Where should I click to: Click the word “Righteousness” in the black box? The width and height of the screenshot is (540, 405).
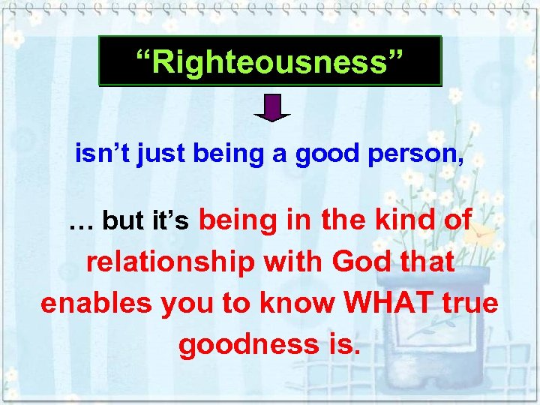click(x=270, y=61)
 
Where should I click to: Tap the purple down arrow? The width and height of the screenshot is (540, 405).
click(x=271, y=107)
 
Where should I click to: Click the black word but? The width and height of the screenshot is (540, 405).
click(x=122, y=221)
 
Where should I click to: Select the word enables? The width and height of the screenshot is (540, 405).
click(x=85, y=304)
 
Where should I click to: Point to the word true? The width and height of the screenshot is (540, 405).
click(x=469, y=303)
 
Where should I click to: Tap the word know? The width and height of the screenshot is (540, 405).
click(x=295, y=303)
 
